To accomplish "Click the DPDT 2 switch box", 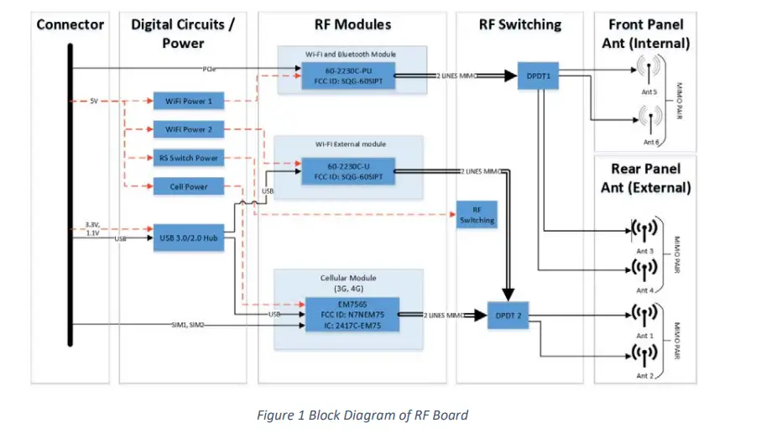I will pyautogui.click(x=509, y=316).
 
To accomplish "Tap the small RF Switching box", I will pyautogui.click(x=476, y=215).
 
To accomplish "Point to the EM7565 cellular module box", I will pyautogui.click(x=351, y=315).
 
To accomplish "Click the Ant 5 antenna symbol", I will pyautogui.click(x=649, y=68).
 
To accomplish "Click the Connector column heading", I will pyautogui.click(x=70, y=24).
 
